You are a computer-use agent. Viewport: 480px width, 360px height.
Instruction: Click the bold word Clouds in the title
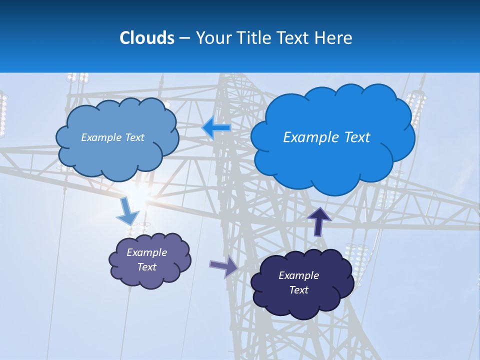146,38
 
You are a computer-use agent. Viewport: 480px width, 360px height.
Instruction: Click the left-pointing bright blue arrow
216,128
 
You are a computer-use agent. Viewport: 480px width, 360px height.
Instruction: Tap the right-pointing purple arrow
223,266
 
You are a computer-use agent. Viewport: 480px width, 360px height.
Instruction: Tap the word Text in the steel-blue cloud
134,137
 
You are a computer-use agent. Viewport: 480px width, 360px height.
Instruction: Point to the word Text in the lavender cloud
147,267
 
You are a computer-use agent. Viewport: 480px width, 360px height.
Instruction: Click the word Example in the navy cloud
298,275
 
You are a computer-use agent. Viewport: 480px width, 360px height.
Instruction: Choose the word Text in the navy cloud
298,290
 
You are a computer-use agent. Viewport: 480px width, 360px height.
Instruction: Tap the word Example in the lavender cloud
147,252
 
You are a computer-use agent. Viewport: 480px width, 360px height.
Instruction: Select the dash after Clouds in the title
184,38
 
